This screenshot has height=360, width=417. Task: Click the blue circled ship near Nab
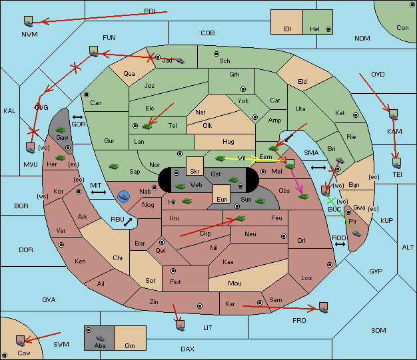pos(124,197)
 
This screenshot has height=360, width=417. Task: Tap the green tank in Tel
pos(147,126)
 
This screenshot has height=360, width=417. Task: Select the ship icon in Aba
pos(100,338)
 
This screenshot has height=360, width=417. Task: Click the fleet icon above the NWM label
pos(28,21)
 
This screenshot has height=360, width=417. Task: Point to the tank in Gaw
pos(61,130)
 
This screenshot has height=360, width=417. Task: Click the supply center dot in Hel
pos(328,29)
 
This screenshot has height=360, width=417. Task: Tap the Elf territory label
pos(288,29)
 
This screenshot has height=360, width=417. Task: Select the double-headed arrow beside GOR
pos(77,117)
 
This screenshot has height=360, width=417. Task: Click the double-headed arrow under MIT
pos(99,192)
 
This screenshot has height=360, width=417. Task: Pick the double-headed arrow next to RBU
pos(128,222)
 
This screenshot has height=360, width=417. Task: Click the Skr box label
pos(195,172)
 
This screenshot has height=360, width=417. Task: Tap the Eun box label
pos(222,199)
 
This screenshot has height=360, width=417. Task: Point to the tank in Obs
pos(304,196)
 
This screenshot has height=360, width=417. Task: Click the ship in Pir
pos(356,234)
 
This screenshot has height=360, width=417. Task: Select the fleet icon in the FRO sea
pos(323,307)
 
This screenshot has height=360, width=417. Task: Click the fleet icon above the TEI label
pos(397,163)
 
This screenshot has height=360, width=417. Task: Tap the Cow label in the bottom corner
pos(24,353)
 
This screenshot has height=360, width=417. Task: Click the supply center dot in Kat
pos(356,115)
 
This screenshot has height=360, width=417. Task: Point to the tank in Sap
pos(113,166)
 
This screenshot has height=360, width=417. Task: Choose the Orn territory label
pos(130,345)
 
